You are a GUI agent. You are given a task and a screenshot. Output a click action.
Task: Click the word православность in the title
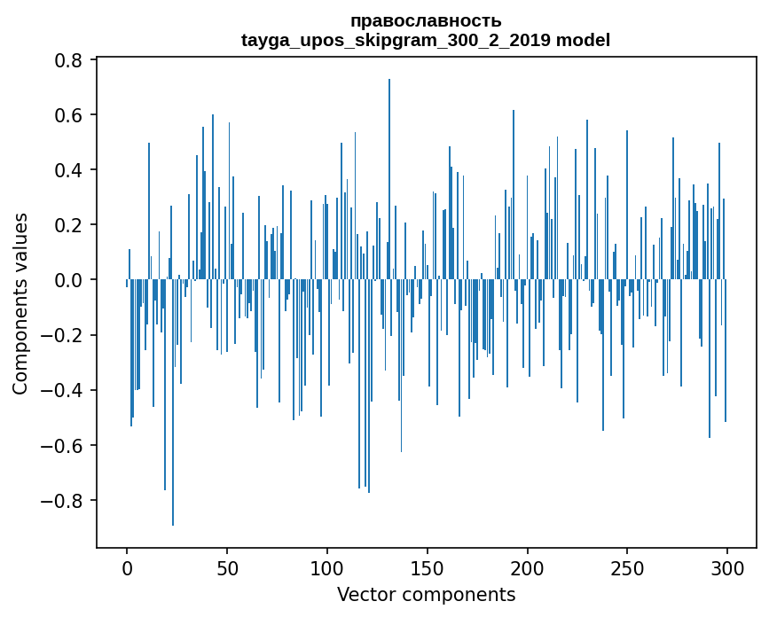(x=426, y=21)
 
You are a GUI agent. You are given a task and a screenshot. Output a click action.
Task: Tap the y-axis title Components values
(x=20, y=303)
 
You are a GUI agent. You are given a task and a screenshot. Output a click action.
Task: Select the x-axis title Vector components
(x=426, y=594)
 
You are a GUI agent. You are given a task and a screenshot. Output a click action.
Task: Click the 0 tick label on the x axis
(x=127, y=566)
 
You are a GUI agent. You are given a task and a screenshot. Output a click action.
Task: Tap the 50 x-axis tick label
(x=227, y=566)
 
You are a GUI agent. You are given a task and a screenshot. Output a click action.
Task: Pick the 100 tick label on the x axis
(x=327, y=566)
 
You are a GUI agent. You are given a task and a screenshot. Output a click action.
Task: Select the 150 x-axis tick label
(x=428, y=566)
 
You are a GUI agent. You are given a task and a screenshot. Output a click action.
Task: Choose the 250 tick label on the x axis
(x=627, y=566)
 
